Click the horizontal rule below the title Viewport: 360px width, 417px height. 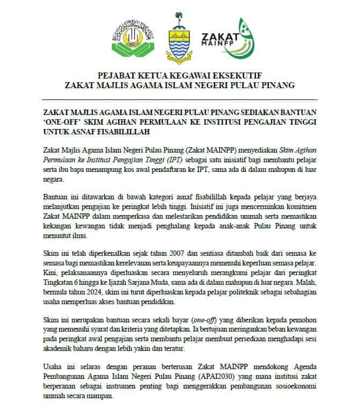[179, 100]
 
